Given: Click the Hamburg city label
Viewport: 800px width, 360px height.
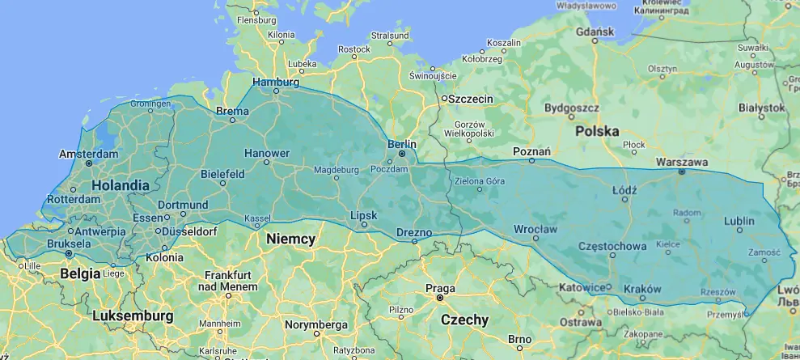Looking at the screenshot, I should click(x=276, y=82).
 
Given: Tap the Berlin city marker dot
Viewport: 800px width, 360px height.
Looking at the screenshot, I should click(x=402, y=154).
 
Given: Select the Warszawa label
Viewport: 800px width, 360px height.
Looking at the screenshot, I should click(x=681, y=162).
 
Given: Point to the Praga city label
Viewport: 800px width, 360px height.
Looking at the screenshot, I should click(x=440, y=288).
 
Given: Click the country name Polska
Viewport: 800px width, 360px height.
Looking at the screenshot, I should click(x=597, y=130).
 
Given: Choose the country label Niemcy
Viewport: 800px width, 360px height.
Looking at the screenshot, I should click(x=291, y=239).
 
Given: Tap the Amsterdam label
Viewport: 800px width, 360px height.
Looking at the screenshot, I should click(x=89, y=154).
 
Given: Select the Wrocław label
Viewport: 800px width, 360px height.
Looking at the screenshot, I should click(x=535, y=229).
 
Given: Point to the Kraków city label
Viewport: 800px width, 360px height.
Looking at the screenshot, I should click(x=643, y=289).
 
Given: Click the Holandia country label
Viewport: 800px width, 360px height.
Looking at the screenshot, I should click(x=121, y=185).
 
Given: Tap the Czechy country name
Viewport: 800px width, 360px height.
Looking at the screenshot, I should click(x=464, y=320).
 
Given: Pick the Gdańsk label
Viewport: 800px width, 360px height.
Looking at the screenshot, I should click(x=597, y=32).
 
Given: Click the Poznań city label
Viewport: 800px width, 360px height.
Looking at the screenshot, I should click(x=531, y=151).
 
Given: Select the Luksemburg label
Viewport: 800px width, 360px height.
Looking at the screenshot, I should click(x=133, y=315).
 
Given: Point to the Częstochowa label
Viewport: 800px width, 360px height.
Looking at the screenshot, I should click(x=612, y=246).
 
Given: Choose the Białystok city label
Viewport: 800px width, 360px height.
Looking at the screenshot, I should click(x=762, y=108).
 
